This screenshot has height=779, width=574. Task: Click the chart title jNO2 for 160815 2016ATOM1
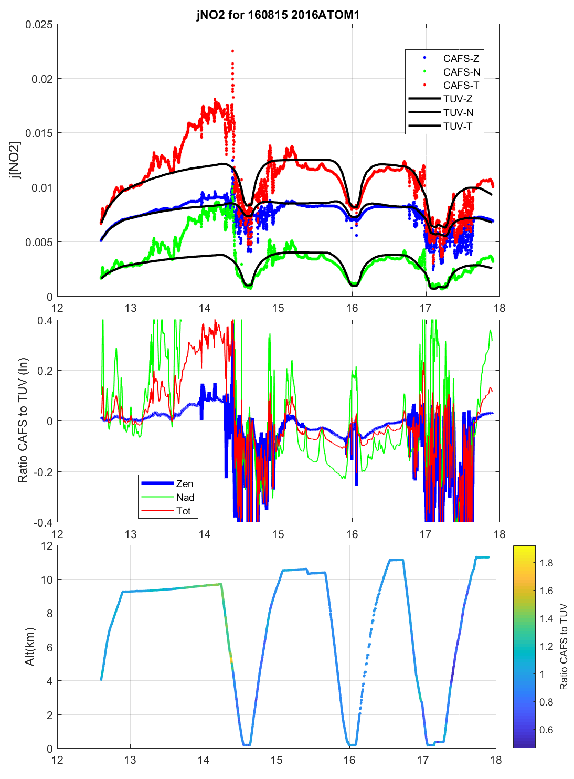tap(278, 15)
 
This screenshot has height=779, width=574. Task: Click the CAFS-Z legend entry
tap(461, 58)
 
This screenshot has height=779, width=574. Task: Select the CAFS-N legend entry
tap(461, 72)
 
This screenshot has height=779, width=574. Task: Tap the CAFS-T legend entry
tap(461, 85)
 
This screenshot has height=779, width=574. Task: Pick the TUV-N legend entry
tap(458, 112)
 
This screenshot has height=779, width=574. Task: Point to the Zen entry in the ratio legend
tap(184, 483)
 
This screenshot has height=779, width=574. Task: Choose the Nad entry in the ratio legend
tap(185, 497)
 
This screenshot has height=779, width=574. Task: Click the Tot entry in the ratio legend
tap(183, 511)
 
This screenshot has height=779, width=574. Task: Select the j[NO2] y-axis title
tap(16, 160)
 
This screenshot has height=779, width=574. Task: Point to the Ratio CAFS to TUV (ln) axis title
tap(23, 420)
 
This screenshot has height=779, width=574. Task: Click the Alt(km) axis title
tap(30, 647)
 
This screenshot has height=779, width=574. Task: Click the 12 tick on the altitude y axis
tap(47, 546)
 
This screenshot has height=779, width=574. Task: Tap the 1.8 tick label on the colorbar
tap(546, 563)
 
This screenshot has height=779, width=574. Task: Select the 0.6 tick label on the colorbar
tap(546, 730)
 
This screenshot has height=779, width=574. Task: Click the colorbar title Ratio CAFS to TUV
tap(564, 647)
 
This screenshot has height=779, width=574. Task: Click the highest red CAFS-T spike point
tap(232, 51)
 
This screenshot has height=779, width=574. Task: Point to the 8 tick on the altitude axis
tap(50, 613)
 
